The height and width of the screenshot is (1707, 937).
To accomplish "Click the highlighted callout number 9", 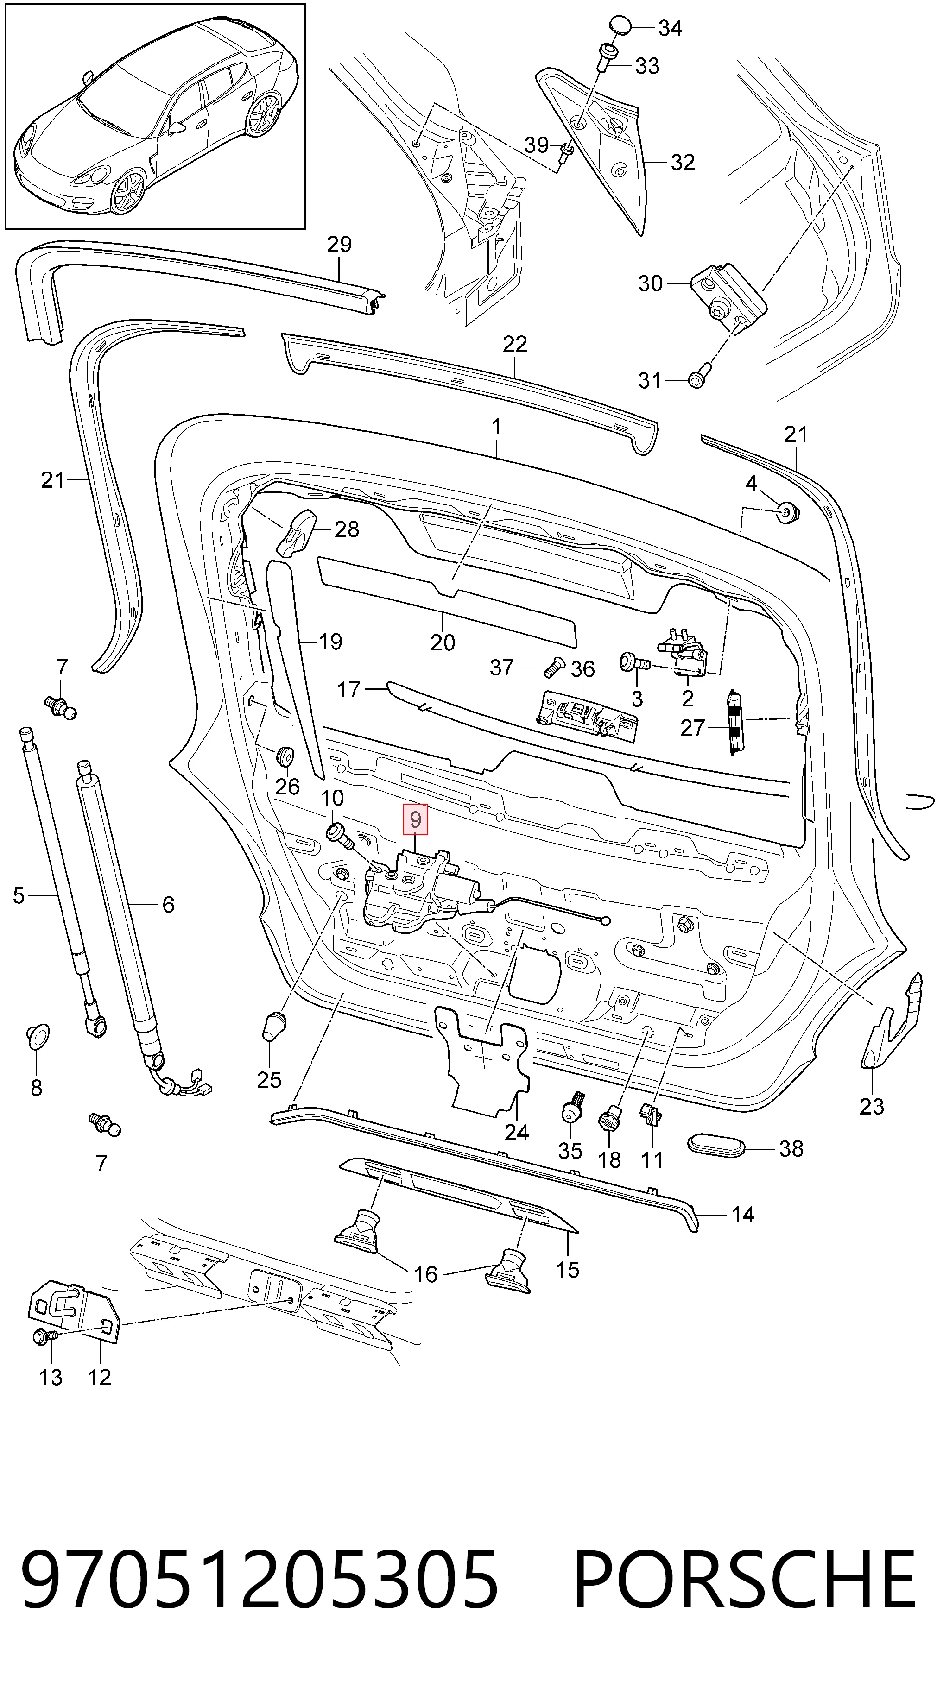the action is [415, 820].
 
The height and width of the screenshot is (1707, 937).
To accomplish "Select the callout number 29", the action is [339, 245].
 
